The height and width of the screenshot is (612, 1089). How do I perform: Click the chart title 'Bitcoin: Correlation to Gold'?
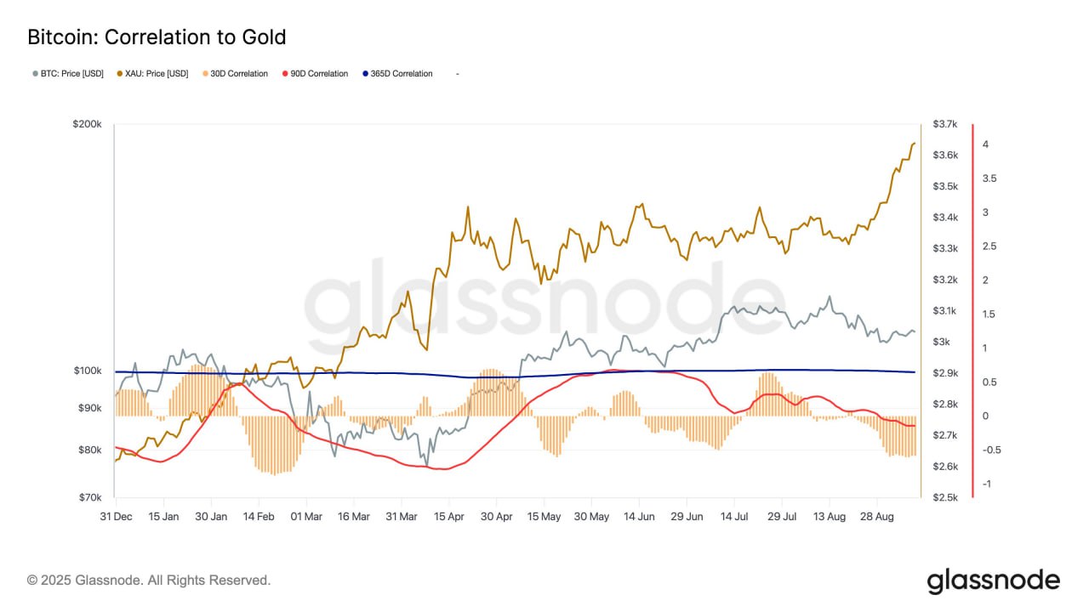(157, 37)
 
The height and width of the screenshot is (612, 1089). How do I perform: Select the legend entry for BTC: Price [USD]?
(68, 74)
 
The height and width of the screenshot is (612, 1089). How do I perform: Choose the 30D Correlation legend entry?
(237, 74)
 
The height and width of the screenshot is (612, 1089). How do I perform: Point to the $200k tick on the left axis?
(88, 124)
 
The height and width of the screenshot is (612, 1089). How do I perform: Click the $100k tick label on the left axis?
(88, 371)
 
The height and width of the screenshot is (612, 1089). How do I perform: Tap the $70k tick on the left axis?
(90, 497)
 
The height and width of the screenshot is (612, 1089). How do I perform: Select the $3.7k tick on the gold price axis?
(945, 124)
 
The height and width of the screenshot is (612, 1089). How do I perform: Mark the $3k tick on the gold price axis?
(941, 342)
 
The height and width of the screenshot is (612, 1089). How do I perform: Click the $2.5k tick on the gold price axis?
(945, 497)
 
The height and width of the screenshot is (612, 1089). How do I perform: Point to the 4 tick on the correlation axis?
(985, 144)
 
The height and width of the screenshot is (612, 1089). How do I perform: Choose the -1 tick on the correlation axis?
(985, 484)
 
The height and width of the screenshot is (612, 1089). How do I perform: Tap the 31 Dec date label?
(116, 516)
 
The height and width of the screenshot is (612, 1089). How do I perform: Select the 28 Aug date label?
(876, 516)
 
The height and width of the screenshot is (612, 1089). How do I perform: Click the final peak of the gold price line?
(914, 144)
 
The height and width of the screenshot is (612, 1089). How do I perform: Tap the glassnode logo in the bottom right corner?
(993, 581)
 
